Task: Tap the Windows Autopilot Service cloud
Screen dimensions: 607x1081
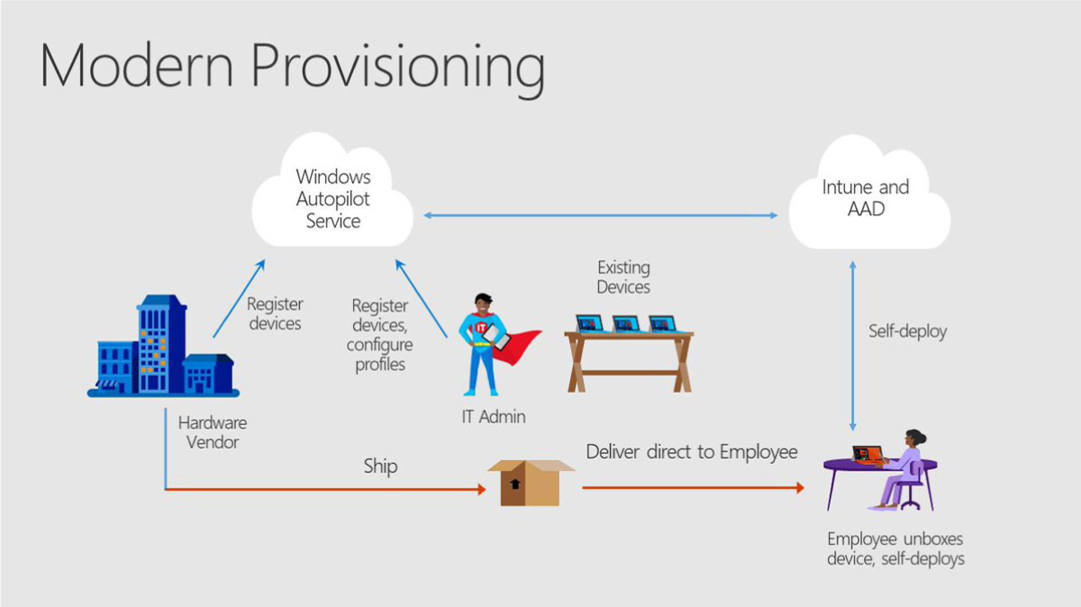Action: pyautogui.click(x=332, y=198)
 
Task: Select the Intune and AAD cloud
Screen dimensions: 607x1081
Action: pyautogui.click(x=865, y=198)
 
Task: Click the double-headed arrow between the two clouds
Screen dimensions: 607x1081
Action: pyautogui.click(x=600, y=216)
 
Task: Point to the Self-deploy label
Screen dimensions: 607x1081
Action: pyautogui.click(x=907, y=331)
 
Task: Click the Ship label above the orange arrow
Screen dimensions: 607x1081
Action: pyautogui.click(x=380, y=466)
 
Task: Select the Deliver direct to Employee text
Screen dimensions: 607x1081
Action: pyautogui.click(x=691, y=452)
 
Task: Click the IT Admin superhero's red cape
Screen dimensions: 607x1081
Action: pyautogui.click(x=518, y=347)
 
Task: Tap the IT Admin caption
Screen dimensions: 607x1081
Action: pyautogui.click(x=493, y=417)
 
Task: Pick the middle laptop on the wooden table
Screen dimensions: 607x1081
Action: pyautogui.click(x=626, y=323)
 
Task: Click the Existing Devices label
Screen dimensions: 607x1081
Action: pyautogui.click(x=623, y=277)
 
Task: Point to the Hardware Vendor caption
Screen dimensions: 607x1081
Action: pyautogui.click(x=212, y=432)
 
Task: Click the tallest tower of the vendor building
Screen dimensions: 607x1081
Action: pyautogui.click(x=161, y=342)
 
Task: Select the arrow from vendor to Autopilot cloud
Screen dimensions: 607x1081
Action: pyautogui.click(x=239, y=299)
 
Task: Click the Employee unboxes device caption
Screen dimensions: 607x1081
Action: pyautogui.click(x=895, y=548)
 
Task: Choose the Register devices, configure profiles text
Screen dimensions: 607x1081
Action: pyautogui.click(x=380, y=335)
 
